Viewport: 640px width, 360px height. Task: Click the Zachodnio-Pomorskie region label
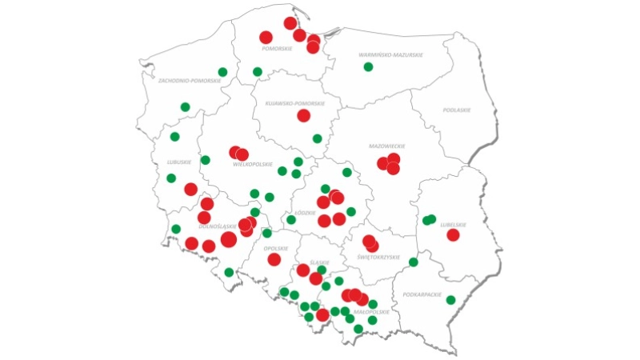(x=189, y=81)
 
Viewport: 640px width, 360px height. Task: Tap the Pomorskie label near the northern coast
(x=278, y=49)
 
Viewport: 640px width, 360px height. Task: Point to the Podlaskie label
(x=457, y=110)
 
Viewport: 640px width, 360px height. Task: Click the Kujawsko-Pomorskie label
(x=295, y=103)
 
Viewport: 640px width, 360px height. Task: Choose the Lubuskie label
(x=178, y=162)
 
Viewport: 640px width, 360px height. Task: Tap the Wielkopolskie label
(x=249, y=164)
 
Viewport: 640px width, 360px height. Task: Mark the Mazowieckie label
(x=387, y=146)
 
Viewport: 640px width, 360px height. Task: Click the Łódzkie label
(x=305, y=213)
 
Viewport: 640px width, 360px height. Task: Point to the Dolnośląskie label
(x=215, y=226)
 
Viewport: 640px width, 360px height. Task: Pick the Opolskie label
(x=275, y=249)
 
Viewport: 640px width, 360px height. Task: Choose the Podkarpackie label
(x=422, y=295)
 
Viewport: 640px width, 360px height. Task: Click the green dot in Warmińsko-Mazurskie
(x=368, y=66)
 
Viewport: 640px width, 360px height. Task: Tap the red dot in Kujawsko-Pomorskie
(x=303, y=115)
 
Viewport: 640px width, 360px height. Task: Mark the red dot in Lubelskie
(x=453, y=234)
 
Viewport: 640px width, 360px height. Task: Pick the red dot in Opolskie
(x=274, y=259)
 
